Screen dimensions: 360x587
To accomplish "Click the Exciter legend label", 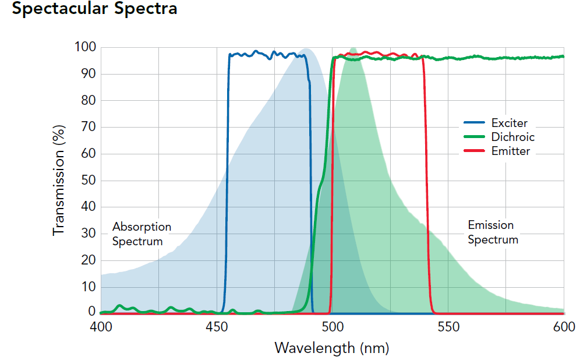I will (x=509, y=123).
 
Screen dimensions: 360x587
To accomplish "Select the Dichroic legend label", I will (x=512, y=137).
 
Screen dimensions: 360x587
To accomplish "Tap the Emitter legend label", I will (x=510, y=151).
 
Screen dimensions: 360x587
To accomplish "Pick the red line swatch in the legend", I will (x=475, y=151).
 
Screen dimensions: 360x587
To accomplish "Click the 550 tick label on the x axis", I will (x=448, y=327).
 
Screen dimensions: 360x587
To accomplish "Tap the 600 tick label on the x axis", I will (x=563, y=327).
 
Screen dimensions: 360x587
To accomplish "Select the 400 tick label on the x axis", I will (x=101, y=327).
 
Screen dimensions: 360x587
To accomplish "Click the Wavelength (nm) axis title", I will (x=331, y=348).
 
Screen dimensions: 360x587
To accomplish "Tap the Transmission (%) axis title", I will (x=59, y=179).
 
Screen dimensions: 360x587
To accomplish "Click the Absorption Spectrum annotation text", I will (x=142, y=233).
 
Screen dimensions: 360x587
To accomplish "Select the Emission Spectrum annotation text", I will (x=493, y=232).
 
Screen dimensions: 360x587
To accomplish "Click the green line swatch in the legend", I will (x=475, y=137).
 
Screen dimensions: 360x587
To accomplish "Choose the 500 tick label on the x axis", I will (x=332, y=327).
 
